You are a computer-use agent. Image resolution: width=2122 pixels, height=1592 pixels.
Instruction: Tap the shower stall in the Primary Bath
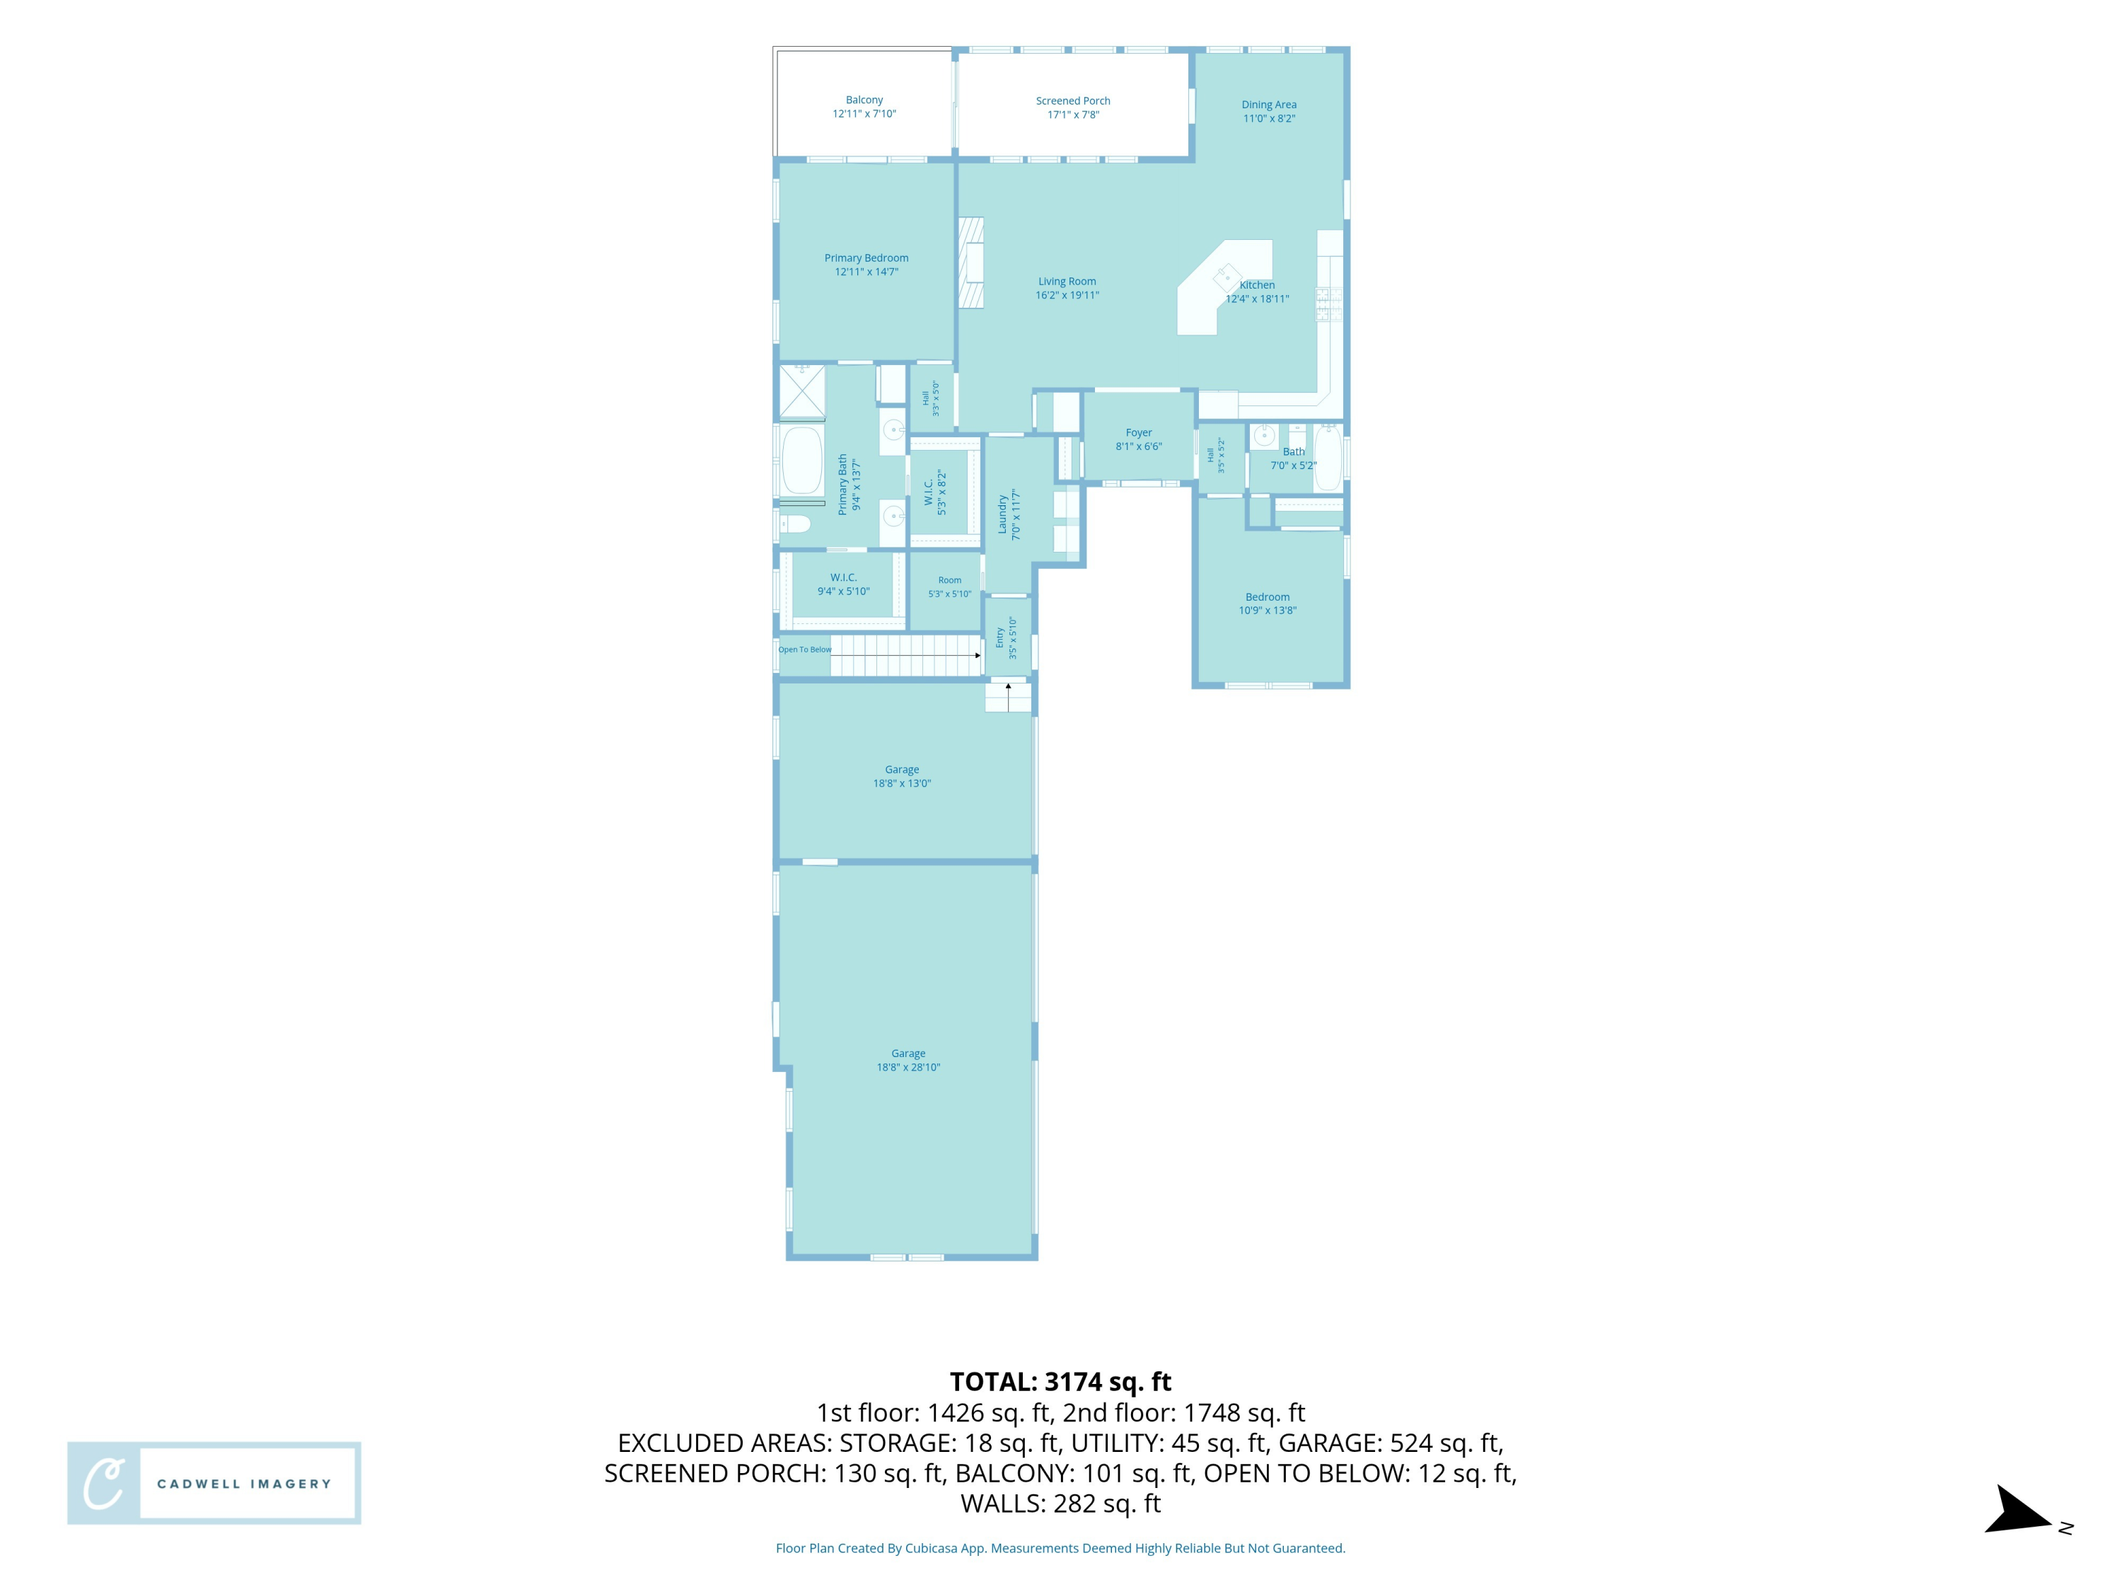tap(802, 391)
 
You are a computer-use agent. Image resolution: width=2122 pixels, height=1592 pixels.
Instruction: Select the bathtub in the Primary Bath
tap(802, 461)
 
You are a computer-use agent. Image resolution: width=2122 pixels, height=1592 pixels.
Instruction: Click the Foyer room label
tap(1139, 439)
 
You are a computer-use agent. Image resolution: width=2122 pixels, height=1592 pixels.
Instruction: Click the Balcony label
tap(864, 107)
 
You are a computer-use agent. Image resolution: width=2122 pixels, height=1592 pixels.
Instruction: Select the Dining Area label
tap(1269, 111)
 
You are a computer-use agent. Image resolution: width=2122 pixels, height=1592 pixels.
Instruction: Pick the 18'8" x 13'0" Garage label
tap(902, 776)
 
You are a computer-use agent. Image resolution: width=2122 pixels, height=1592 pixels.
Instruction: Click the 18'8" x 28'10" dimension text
tap(908, 1067)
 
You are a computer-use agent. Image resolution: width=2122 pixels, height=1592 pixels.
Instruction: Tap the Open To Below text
tap(805, 650)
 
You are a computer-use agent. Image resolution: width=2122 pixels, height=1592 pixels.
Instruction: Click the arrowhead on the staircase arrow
tap(978, 655)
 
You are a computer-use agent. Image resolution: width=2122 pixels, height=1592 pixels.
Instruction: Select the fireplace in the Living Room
tap(972, 263)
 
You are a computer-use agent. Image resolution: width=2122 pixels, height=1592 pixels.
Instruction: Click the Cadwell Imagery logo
tap(214, 1482)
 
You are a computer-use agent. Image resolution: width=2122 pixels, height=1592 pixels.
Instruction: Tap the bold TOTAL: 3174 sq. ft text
tap(1061, 1382)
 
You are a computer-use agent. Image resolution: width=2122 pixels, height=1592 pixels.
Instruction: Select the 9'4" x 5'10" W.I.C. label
tap(843, 584)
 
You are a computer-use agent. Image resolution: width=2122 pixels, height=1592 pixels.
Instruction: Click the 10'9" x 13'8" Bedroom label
tap(1268, 604)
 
